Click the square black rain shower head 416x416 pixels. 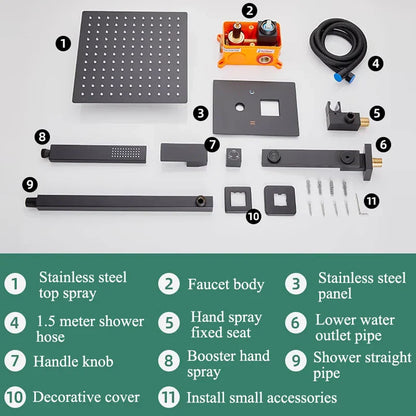point(130,57)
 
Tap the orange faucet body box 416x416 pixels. point(249,45)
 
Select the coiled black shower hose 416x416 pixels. point(338,50)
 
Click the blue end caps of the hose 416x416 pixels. point(344,78)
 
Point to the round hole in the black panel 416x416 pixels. point(240,107)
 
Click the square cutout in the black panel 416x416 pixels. point(269,108)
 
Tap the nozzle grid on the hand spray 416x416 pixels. point(126,152)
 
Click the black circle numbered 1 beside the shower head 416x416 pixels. point(63,44)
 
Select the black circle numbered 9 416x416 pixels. point(30,184)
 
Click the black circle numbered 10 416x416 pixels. point(253,216)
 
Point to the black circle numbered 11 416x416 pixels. point(371,201)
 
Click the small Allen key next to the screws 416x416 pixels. point(360,204)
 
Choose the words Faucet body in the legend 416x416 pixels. point(226,285)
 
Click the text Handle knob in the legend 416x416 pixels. point(73,362)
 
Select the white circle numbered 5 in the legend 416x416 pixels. point(169,323)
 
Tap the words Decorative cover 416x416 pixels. point(86,397)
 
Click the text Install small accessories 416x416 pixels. point(261,398)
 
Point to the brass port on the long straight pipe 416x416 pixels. point(200,202)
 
